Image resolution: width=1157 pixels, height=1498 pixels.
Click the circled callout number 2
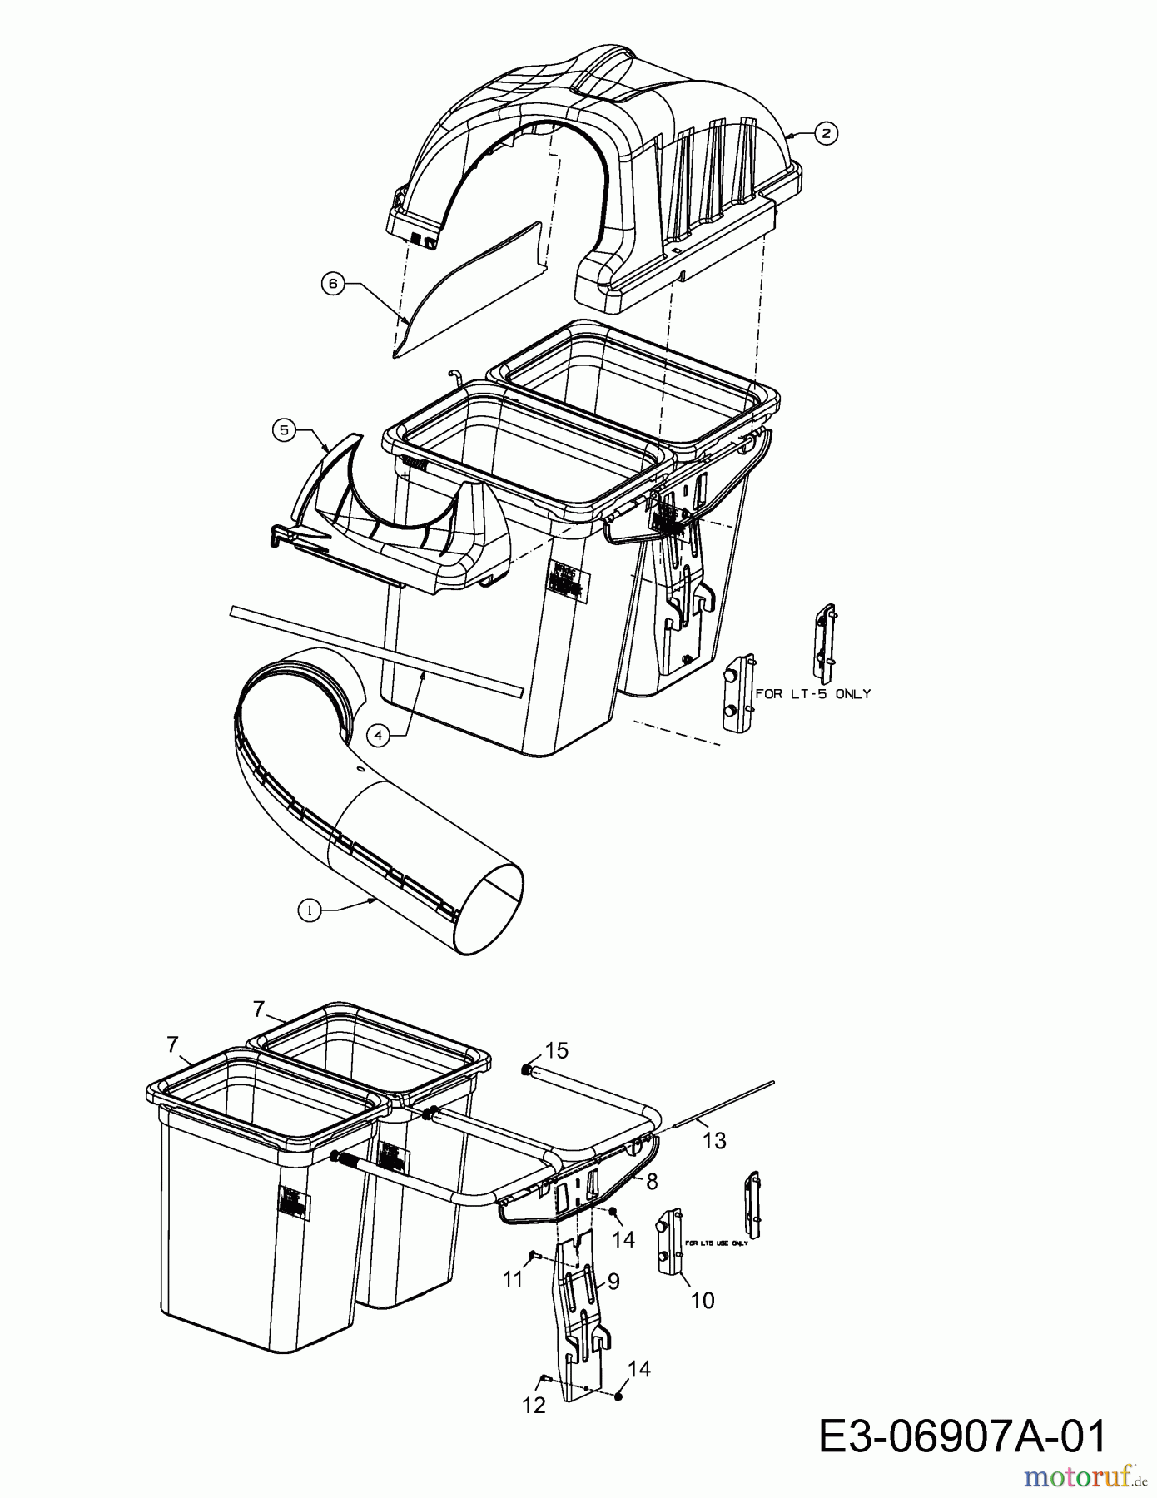825,133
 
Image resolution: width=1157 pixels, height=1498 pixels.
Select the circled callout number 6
333,284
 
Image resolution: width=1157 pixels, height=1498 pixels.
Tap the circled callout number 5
285,429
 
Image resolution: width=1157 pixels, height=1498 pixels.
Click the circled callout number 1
309,911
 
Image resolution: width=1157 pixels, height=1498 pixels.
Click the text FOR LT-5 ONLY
812,692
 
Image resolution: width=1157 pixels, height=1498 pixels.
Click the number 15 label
557,1050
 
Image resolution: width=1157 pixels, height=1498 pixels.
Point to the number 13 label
714,1139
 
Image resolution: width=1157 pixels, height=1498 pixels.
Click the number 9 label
613,1281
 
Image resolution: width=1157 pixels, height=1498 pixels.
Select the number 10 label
703,1300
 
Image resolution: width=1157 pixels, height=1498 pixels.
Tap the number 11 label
513,1277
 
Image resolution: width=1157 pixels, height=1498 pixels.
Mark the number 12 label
534,1405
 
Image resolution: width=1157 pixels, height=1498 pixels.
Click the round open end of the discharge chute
493,909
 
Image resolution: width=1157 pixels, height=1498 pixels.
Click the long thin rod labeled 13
724,1102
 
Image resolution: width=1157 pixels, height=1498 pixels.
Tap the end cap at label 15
527,1069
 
